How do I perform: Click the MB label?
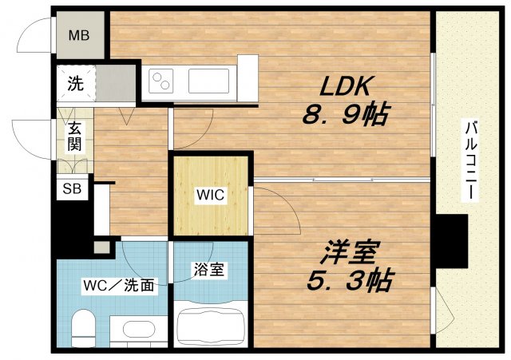click(x=78, y=34)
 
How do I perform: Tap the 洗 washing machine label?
click(x=74, y=82)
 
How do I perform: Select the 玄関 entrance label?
click(x=74, y=136)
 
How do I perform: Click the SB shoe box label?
click(x=71, y=189)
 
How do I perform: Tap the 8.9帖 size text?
click(x=344, y=117)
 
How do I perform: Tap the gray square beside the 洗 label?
click(x=117, y=81)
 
